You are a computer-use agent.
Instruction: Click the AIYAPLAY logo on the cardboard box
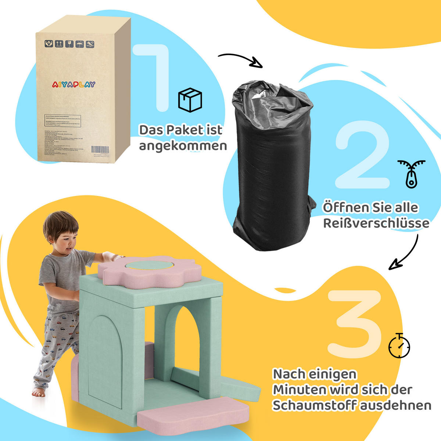pos(73,84)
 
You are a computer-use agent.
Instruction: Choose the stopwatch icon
pos(399,345)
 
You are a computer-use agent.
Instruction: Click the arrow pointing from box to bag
pos(241,60)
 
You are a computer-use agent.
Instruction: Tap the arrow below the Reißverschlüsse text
pos(404,254)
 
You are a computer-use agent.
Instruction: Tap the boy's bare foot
pos(39,392)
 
